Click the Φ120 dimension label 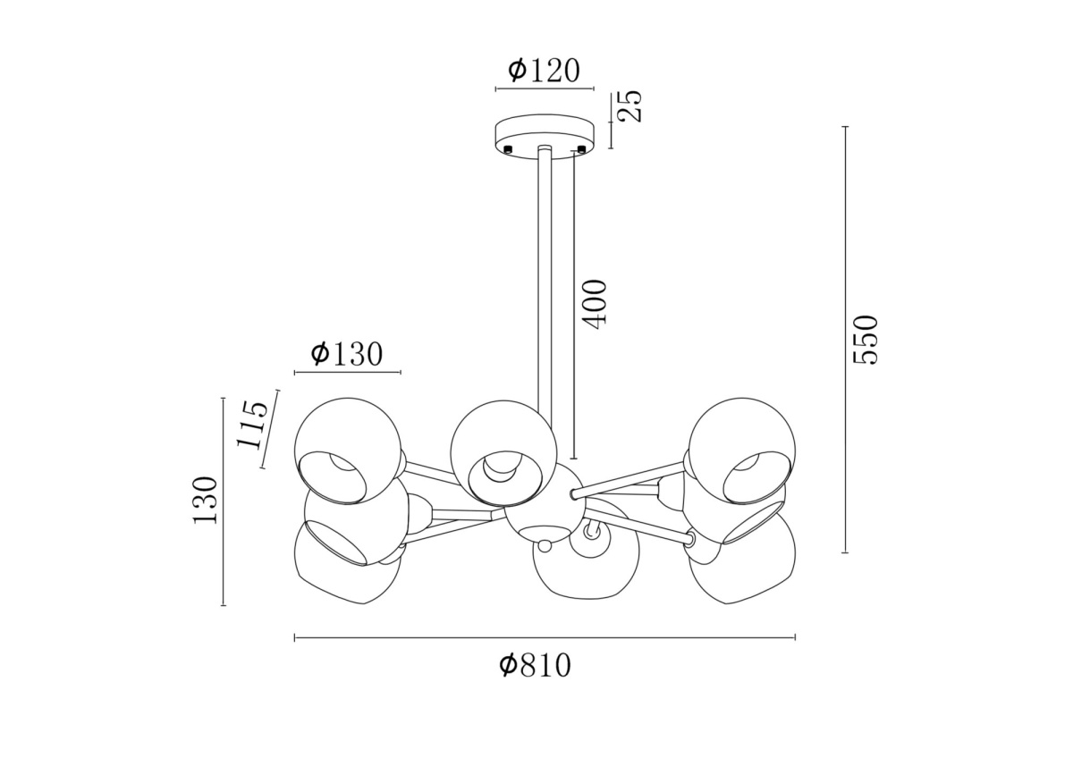click(545, 71)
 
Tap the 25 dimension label click(628, 105)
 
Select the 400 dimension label click(595, 304)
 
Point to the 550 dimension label click(866, 340)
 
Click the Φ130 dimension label click(347, 354)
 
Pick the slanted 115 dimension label click(252, 424)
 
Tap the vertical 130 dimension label click(205, 501)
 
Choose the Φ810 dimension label click(535, 666)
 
